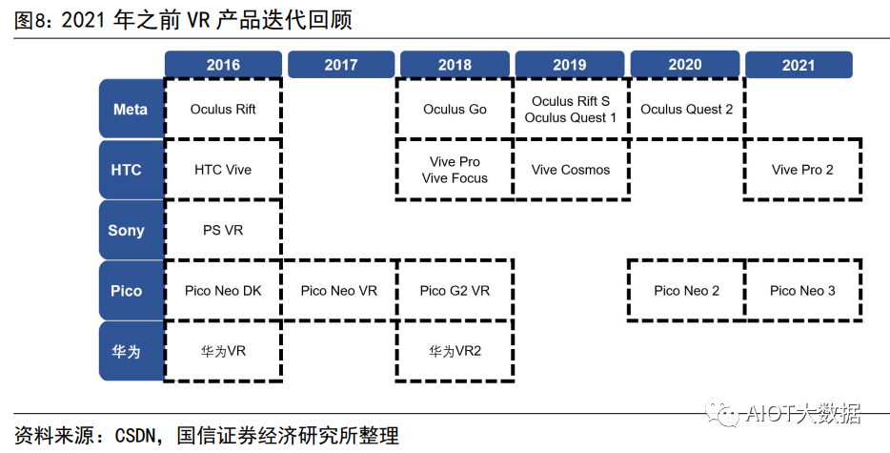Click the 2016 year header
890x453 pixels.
coord(223,65)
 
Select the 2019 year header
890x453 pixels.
coord(570,65)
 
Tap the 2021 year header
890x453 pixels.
coord(799,65)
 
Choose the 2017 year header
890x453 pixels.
coord(340,65)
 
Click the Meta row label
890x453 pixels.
coord(131,110)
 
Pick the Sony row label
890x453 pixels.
coord(127,231)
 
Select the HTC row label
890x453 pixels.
coord(126,170)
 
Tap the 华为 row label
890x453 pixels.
coord(127,351)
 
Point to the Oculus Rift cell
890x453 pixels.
coord(223,110)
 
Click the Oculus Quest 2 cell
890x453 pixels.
coord(686,110)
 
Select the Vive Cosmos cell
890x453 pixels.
coord(571,170)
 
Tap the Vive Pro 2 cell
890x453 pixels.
coord(802,170)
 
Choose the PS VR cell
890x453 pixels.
coord(223,231)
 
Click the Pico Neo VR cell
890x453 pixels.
coord(339,291)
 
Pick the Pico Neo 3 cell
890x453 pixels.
coord(802,291)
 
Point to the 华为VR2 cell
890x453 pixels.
coord(455,351)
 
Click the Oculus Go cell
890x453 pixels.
coord(455,110)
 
